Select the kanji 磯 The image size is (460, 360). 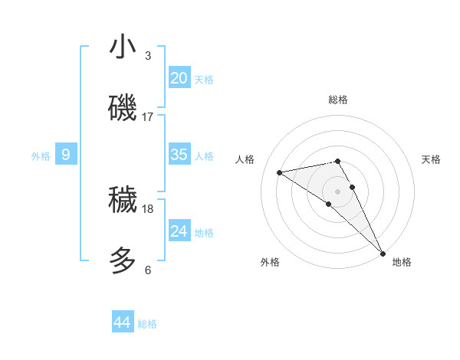click(x=123, y=107)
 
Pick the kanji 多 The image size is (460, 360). click(x=123, y=260)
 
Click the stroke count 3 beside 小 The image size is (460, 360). click(x=147, y=56)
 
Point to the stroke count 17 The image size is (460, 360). click(x=148, y=117)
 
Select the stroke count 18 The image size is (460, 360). click(x=148, y=208)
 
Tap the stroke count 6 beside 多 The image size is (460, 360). click(x=147, y=270)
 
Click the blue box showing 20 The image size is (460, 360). click(x=179, y=78)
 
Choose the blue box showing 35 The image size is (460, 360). click(x=179, y=155)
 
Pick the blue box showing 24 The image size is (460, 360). click(x=179, y=231)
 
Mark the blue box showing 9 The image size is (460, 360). click(x=66, y=155)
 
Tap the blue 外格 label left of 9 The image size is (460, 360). click(x=41, y=156)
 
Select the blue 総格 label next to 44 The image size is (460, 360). click(x=147, y=324)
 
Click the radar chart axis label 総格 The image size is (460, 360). click(x=338, y=100)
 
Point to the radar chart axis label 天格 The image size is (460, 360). click(x=431, y=159)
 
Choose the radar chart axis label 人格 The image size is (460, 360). click(x=245, y=159)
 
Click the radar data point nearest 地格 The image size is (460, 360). click(x=383, y=252)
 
